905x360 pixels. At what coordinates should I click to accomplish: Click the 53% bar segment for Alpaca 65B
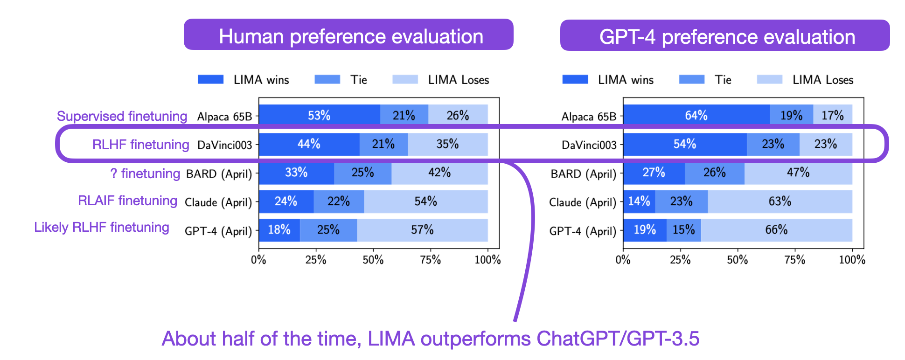319,115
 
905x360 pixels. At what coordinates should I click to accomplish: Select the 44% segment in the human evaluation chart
309,144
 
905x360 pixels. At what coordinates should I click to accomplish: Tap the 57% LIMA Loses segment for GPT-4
422,230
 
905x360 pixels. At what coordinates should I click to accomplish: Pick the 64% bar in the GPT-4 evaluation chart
696,115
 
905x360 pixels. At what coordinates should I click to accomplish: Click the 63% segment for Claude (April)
780,201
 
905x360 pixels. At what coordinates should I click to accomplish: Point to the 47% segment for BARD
798,173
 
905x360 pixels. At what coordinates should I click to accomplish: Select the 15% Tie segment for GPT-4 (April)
683,230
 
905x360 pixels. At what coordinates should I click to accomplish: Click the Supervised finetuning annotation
122,116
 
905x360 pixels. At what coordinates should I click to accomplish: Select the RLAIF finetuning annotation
127,201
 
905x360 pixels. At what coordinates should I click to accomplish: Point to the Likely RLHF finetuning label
101,227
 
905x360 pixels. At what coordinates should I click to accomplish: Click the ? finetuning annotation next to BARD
145,173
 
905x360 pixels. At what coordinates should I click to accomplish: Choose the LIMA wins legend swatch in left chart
210,79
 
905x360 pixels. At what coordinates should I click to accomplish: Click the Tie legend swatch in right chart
691,79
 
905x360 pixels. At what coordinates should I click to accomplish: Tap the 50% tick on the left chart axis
373,260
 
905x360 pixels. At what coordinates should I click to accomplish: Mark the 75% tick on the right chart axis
794,260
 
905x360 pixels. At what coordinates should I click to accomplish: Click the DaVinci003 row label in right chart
589,145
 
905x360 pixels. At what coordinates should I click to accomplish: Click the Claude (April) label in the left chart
218,202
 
